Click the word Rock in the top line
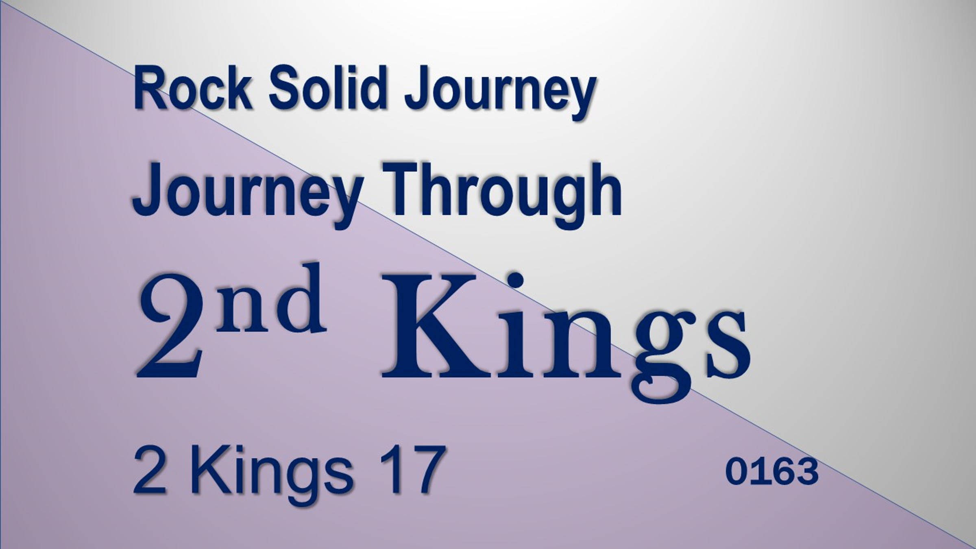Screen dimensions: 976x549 point(192,89)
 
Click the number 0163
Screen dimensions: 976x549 point(772,472)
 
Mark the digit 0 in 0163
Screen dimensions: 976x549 point(737,472)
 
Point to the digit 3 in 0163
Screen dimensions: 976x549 point(807,472)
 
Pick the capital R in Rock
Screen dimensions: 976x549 point(150,89)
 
